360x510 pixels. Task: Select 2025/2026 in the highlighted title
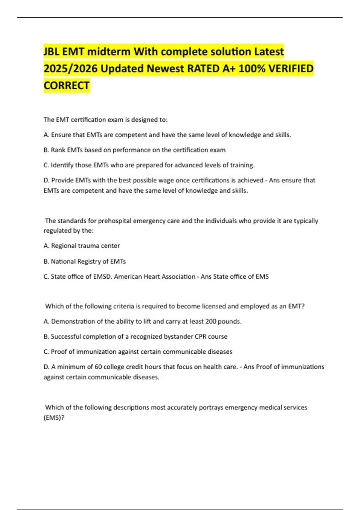[x=70, y=69]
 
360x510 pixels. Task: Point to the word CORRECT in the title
[x=67, y=86]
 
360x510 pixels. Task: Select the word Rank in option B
[x=58, y=150]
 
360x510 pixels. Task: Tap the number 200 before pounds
[x=211, y=321]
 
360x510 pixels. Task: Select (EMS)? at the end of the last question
[x=54, y=418]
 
